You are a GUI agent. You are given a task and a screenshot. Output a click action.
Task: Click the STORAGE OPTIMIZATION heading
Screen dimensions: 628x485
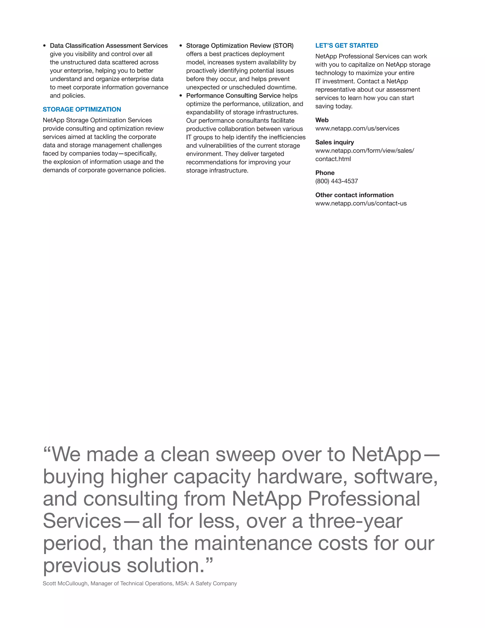(x=82, y=109)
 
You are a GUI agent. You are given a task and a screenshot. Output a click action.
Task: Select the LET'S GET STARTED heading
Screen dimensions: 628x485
(x=346, y=46)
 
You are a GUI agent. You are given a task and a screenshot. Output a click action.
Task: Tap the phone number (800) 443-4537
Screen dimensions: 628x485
(x=337, y=181)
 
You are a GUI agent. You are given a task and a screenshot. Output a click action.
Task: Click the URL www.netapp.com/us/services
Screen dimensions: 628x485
(x=357, y=128)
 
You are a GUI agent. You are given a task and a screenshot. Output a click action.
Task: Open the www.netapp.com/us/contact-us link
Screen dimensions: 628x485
(x=361, y=204)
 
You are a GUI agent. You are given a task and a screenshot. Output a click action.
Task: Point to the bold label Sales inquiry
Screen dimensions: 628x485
(x=334, y=142)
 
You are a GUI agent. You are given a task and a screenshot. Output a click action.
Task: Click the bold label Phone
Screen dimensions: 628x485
(x=325, y=173)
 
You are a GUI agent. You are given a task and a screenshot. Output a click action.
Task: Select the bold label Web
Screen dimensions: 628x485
(x=322, y=120)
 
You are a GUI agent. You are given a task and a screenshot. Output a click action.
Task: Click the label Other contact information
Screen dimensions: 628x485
(x=354, y=195)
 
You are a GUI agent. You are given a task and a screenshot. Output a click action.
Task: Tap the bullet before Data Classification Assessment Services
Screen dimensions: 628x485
(x=45, y=46)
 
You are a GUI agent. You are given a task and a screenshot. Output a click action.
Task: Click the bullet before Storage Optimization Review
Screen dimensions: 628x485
(x=181, y=46)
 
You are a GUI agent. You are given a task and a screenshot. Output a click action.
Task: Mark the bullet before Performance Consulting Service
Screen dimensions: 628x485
(x=181, y=96)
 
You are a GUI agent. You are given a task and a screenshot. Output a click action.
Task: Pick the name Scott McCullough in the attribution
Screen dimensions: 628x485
(x=65, y=583)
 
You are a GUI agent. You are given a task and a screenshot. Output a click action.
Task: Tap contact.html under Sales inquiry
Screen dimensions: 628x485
(x=333, y=159)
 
